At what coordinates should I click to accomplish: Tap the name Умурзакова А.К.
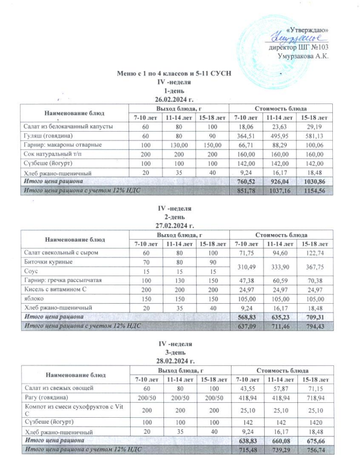tap(302, 56)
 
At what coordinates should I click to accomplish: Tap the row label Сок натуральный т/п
tap(50, 154)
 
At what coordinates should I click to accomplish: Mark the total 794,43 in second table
tap(313, 326)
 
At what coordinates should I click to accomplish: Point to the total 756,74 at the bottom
tap(313, 449)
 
